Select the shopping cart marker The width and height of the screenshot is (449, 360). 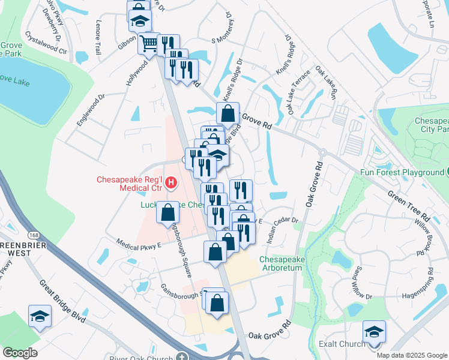(148, 43)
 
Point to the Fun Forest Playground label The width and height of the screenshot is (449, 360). (401, 172)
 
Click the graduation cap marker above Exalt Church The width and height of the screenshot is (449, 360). (374, 331)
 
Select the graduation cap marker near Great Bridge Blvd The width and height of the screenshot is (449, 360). (40, 316)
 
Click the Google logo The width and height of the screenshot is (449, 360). (20, 353)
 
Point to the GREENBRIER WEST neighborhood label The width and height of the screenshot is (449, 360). (15, 249)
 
